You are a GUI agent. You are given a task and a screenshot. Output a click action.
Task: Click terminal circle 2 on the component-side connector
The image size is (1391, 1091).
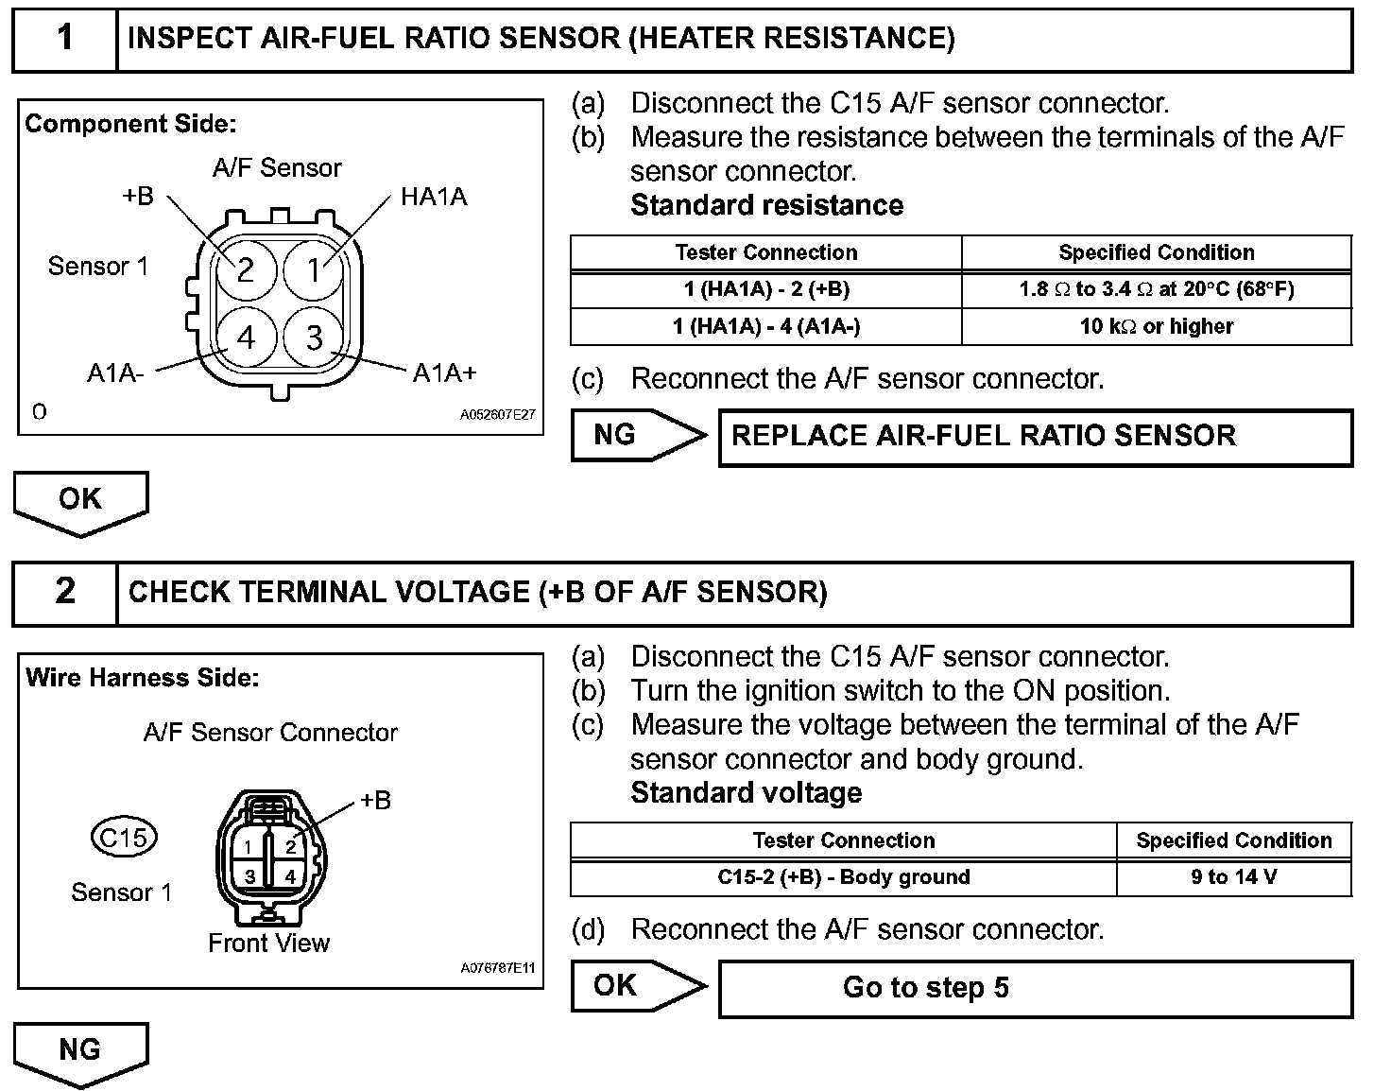coord(246,270)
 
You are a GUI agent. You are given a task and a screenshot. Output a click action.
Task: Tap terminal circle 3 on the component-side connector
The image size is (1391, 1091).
coord(315,338)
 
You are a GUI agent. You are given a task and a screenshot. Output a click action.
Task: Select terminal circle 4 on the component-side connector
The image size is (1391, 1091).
coord(246,338)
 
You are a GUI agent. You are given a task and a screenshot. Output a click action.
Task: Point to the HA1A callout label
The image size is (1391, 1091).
coord(434,198)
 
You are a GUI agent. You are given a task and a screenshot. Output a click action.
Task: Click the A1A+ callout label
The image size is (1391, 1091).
coord(445,372)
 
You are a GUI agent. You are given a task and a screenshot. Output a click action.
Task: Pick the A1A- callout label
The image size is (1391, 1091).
coord(115,372)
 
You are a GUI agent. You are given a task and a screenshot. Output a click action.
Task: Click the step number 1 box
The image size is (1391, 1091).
coord(64,39)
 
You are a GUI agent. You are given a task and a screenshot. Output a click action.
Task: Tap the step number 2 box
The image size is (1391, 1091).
coord(64,592)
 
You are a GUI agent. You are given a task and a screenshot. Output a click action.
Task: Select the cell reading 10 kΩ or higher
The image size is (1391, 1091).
coord(1157,327)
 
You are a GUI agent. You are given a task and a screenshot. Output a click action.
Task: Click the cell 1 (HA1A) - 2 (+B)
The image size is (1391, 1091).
coord(765,290)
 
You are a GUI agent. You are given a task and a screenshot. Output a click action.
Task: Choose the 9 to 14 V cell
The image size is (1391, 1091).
coord(1233,877)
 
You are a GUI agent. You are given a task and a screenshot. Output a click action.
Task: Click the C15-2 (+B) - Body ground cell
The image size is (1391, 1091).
coord(843,877)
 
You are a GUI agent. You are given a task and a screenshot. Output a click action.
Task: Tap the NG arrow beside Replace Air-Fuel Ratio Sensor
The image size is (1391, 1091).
coord(637,435)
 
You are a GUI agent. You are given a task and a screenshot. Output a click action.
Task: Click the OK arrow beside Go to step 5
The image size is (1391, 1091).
coord(637,986)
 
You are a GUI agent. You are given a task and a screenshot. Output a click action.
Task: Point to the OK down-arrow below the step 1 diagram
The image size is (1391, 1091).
coord(80,501)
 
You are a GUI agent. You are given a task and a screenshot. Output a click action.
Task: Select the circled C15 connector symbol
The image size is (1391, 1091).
coord(124,838)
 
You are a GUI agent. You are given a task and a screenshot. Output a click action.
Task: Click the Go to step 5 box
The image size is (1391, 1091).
coord(1035,988)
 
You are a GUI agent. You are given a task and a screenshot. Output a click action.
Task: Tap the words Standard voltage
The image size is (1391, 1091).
coord(746,792)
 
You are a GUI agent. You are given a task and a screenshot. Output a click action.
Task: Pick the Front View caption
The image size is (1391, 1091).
coord(268,943)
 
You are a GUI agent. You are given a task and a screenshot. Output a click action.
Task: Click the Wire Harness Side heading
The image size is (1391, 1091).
coord(142,678)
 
